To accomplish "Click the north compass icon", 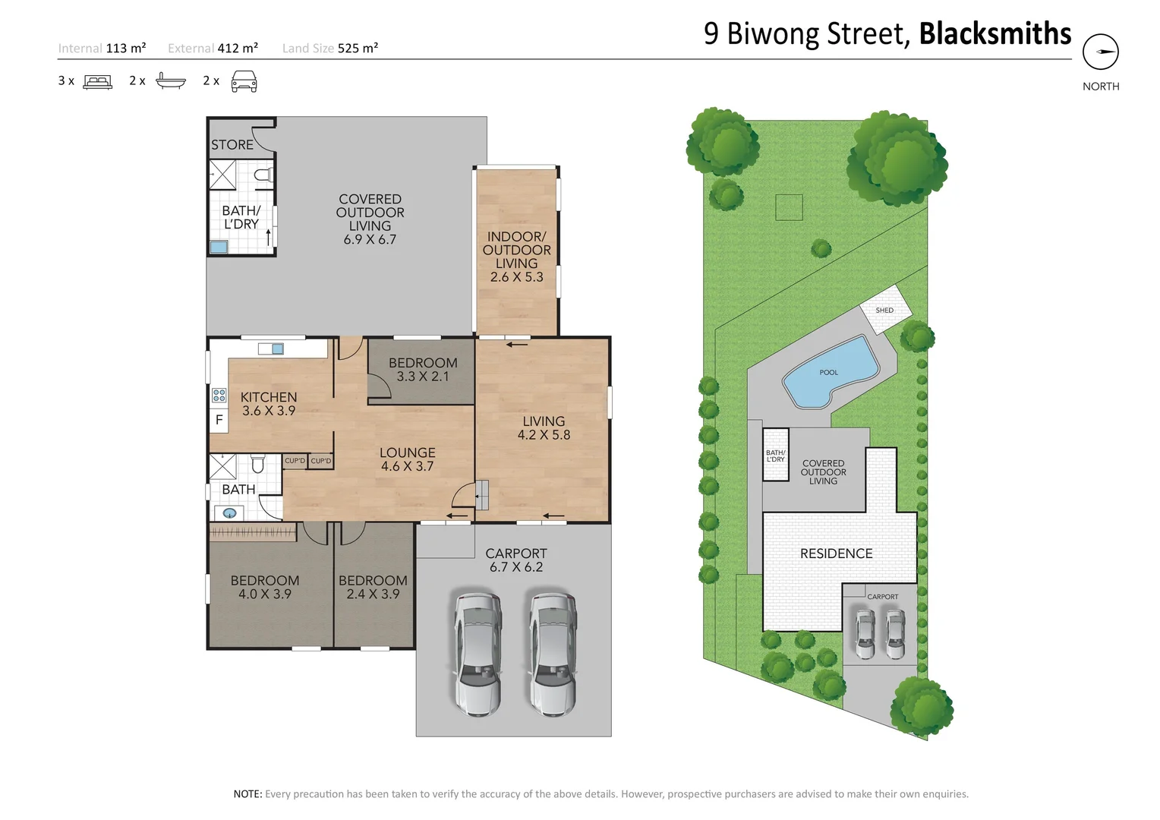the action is coord(1101,52).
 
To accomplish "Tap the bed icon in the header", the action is coord(97,82).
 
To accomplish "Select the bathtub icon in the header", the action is coord(170,81).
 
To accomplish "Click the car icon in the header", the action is coord(244,81).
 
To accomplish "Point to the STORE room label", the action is coord(232,144).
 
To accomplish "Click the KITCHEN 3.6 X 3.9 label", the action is coord(269,404).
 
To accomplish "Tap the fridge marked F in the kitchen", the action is coord(219,420).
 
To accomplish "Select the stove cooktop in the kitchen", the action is coord(219,396).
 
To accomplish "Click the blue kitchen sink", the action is coord(278,349).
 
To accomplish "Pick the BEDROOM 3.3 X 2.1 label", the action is coord(423,369).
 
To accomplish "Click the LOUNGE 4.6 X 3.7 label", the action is coord(408,459).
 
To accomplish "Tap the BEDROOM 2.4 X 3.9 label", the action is coord(373,587).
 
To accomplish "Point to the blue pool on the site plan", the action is coord(831,371).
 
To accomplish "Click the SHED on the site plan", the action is coord(885,310).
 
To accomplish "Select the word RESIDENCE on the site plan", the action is coord(837,553).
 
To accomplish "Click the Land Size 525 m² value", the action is coord(358,48).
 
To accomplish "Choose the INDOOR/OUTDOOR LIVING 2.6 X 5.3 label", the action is coord(517,257).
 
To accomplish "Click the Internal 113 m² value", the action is coord(126,48).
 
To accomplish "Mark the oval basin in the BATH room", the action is coord(229,513).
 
